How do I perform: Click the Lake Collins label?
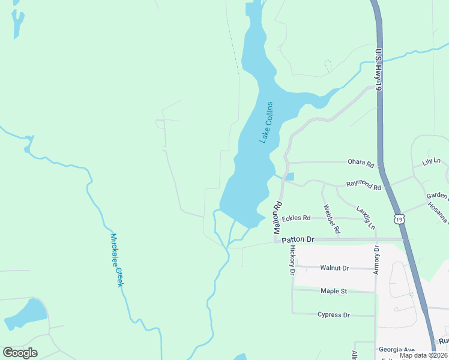[x=266, y=122]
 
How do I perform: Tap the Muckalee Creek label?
[x=116, y=260]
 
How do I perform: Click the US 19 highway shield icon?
[x=399, y=219]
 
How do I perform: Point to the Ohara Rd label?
[x=362, y=163]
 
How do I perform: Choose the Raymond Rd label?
[x=364, y=187]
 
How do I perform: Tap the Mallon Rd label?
[x=277, y=217]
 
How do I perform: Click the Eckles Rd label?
[x=296, y=218]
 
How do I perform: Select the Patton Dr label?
[x=298, y=239]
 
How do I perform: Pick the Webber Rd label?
[x=332, y=219]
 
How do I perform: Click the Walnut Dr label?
[x=334, y=268]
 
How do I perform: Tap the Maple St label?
[x=334, y=291]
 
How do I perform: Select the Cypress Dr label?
[x=333, y=314]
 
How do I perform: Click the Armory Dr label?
[x=377, y=259]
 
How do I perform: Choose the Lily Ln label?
[x=431, y=162]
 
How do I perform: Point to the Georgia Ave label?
[x=396, y=349]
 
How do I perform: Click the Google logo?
[x=20, y=353]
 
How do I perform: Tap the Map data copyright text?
[x=424, y=355]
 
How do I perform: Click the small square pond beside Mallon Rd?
[x=291, y=176]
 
